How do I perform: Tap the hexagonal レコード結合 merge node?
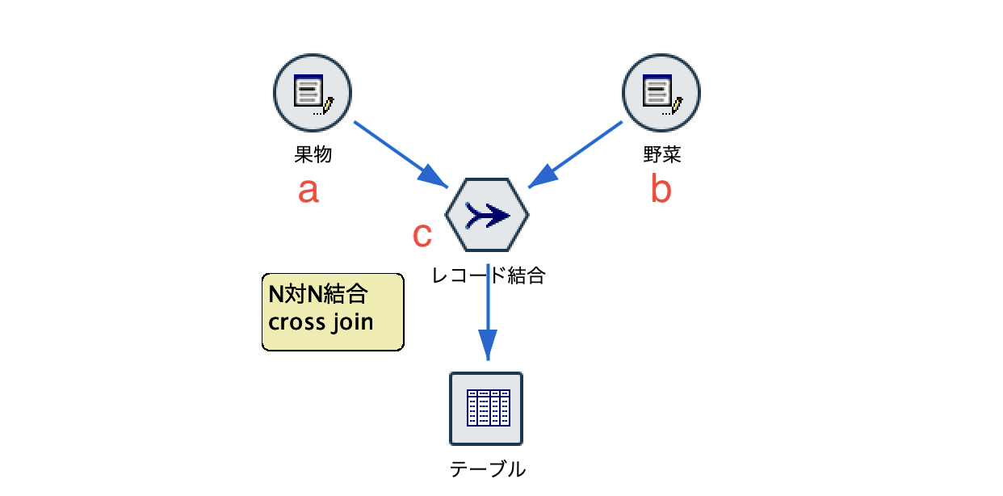point(487,215)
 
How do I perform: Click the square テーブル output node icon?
point(486,408)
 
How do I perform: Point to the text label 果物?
point(313,154)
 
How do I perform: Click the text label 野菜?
point(661,154)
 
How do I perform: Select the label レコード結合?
point(489,276)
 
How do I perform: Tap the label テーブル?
point(487,469)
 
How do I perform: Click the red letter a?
point(308,191)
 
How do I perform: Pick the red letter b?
point(661,189)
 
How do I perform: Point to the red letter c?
point(422,234)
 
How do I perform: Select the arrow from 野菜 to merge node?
point(575,154)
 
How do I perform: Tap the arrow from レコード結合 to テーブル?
point(487,311)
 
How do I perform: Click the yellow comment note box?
point(333,312)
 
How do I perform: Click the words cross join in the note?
point(321,322)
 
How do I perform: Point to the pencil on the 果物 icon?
point(327,105)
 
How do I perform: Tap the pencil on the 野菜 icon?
point(676,105)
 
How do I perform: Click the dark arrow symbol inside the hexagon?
point(487,215)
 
